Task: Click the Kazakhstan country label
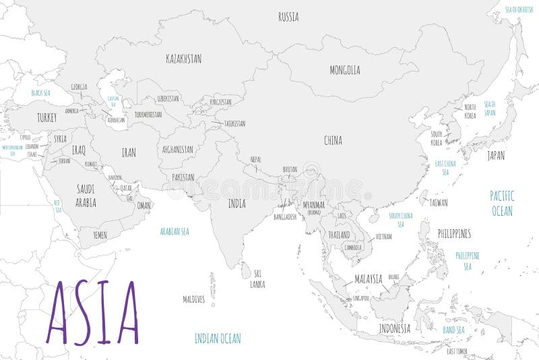[183, 59]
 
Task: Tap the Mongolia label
[344, 70]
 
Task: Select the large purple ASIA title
[92, 313]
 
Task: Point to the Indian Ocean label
[217, 338]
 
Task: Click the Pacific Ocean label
[501, 203]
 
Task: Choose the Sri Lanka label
[258, 278]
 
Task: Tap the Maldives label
[193, 299]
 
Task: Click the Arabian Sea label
[174, 231]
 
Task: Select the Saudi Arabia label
[86, 196]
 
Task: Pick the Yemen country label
[99, 235]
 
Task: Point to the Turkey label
[46, 117]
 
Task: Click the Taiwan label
[438, 202]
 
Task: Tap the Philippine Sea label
[467, 260]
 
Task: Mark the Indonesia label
[394, 328]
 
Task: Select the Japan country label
[495, 155]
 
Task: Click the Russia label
[288, 17]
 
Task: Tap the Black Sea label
[41, 92]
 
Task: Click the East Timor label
[457, 351]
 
